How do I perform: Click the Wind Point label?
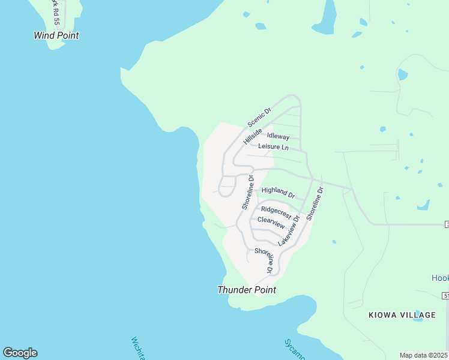click(x=56, y=35)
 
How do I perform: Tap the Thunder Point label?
click(x=247, y=290)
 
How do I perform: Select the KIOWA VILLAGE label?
click(x=402, y=315)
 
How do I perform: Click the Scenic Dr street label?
click(x=260, y=118)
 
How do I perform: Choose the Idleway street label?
click(x=278, y=137)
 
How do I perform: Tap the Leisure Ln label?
click(x=273, y=147)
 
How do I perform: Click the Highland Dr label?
click(x=279, y=192)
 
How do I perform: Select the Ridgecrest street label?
click(x=276, y=212)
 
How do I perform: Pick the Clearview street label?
click(x=271, y=221)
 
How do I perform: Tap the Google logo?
click(x=20, y=353)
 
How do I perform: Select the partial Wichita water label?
click(x=137, y=348)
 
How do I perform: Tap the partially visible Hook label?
click(x=440, y=278)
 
